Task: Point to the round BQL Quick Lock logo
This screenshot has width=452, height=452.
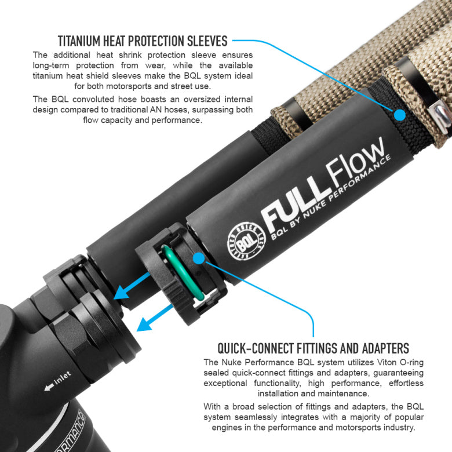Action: pyautogui.click(x=246, y=242)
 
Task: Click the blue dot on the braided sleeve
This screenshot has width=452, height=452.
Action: pyautogui.click(x=399, y=115)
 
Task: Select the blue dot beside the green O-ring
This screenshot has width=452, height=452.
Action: pyautogui.click(x=199, y=258)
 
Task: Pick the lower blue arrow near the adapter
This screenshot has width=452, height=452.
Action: pyautogui.click(x=155, y=318)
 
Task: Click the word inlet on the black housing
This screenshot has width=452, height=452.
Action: pyautogui.click(x=63, y=378)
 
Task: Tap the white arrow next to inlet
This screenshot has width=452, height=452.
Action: pyautogui.click(x=49, y=387)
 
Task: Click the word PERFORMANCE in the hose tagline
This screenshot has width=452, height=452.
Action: pyautogui.click(x=360, y=177)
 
